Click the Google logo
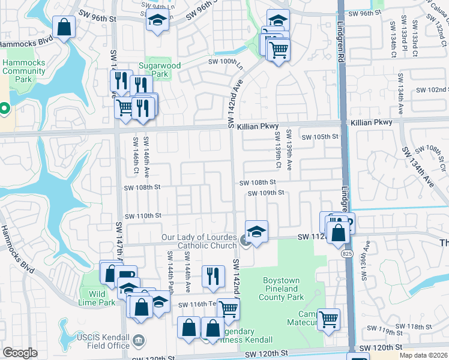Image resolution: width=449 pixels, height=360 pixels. coord(20,353)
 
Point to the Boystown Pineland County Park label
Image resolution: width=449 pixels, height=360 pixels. coord(283,289)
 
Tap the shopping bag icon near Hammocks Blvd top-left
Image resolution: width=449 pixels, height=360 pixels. coord(64,26)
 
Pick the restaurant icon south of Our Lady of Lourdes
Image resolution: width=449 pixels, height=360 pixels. coord(212,275)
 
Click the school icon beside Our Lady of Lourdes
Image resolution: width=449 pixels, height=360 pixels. coord(256,231)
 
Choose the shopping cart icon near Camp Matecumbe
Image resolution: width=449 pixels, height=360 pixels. coord(328,319)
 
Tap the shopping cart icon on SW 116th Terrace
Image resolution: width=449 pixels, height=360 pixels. coord(228,309)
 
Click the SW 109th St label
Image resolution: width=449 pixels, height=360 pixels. coord(265,193)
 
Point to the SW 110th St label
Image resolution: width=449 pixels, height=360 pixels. coord(143,215)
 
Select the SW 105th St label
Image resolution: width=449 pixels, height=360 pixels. coord(320,137)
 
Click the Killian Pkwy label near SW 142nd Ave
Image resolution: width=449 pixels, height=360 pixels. coord(255,127)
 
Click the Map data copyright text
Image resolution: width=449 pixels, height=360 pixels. coord(424,355)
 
